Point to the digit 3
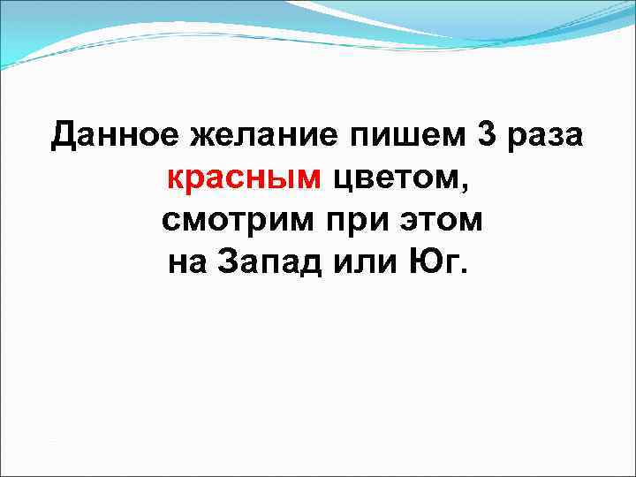(486, 136)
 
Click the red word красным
(245, 179)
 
